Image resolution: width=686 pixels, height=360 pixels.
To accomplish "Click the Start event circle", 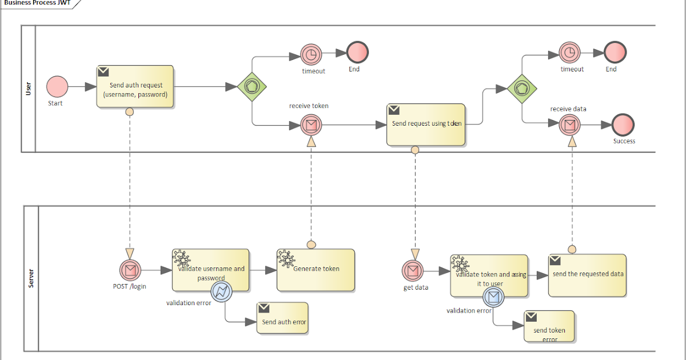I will (57, 87).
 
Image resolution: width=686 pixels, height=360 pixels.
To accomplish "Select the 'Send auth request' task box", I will (135, 87).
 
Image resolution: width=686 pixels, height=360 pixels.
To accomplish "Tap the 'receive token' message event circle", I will (311, 124).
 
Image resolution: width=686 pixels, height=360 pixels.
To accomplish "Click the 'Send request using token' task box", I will (426, 124).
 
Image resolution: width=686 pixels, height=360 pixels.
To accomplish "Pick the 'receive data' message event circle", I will (569, 124).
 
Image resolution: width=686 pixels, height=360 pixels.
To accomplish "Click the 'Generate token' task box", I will (316, 269).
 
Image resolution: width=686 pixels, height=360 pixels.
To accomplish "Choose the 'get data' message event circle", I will (413, 270).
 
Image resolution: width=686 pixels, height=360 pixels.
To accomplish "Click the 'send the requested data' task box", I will (587, 275).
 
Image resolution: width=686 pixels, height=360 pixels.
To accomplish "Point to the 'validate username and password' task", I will (210, 270).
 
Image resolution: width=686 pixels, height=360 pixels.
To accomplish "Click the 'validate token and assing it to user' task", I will (489, 275).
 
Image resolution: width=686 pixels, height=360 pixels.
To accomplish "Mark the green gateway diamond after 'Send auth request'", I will (252, 87).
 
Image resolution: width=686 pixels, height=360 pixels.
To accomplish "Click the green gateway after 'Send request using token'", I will (522, 89).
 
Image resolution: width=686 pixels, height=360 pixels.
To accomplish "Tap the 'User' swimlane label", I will (29, 89).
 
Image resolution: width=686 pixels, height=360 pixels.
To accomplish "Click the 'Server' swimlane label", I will (31, 278).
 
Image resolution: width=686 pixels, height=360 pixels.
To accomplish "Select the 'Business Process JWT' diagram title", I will (37, 2).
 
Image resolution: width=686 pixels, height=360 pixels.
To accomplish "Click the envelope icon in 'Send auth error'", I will (264, 308).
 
